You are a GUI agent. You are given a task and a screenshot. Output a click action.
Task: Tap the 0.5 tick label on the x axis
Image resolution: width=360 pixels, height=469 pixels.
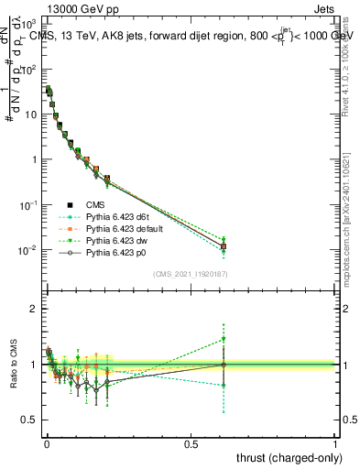pos(191,443)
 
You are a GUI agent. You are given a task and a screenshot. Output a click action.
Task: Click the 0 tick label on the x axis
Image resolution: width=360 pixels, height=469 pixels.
pos(46,443)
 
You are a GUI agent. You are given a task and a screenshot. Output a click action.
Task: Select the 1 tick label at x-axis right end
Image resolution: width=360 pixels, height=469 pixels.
pos(335,443)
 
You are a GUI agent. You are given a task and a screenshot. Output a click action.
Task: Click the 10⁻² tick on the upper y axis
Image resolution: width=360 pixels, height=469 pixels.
pos(29,250)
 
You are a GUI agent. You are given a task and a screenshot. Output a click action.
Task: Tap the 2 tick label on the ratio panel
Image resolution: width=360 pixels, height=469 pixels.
pos(35,309)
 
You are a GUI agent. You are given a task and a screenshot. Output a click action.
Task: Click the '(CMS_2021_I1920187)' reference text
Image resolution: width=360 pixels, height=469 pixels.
pos(191,274)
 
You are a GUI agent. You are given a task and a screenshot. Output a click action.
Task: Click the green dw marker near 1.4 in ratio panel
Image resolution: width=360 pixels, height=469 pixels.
pos(223,339)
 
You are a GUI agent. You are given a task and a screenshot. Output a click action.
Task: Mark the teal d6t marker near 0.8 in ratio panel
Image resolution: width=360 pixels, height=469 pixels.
pos(223,386)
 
